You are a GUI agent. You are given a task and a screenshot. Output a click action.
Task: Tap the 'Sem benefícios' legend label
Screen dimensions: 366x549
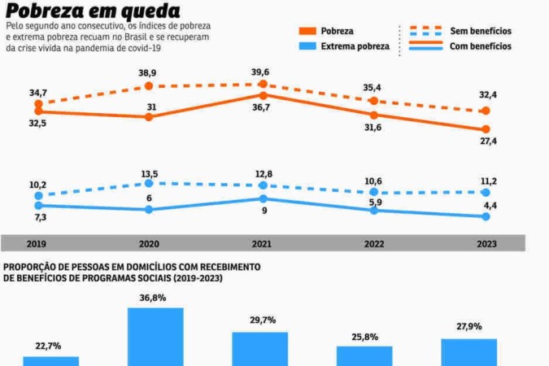pyautogui.click(x=481, y=31)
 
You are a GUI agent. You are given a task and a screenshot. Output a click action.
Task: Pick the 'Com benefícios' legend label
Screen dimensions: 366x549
pyautogui.click(x=481, y=46)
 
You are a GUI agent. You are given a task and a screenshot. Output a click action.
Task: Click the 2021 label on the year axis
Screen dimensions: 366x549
pyautogui.click(x=261, y=243)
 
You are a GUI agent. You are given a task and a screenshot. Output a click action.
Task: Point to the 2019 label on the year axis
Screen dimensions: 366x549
pyautogui.click(x=36, y=243)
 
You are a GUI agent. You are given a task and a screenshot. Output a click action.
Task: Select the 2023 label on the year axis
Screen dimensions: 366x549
pyautogui.click(x=486, y=243)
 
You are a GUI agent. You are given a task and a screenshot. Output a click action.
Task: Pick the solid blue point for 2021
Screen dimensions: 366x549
pyautogui.click(x=261, y=198)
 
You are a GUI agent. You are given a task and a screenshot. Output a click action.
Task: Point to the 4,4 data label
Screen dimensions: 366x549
pyautogui.click(x=492, y=229)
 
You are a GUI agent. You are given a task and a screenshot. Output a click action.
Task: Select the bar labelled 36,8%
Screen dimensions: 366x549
pyautogui.click(x=155, y=337)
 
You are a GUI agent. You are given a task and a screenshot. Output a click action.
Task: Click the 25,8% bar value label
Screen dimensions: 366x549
pyautogui.click(x=364, y=336)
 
